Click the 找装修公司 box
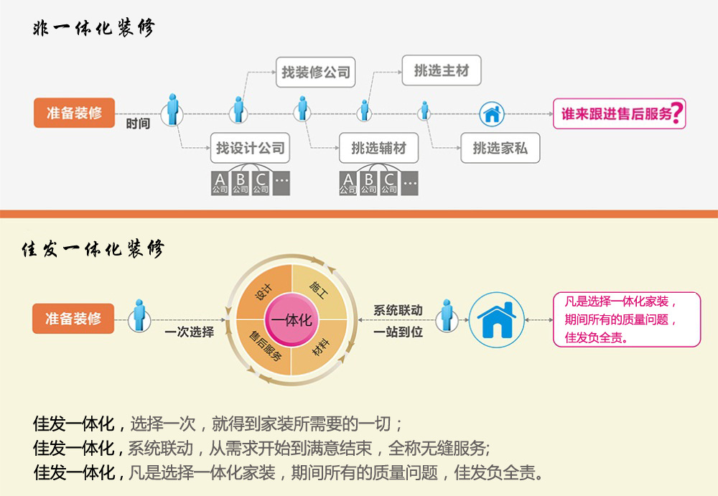[x=315, y=72]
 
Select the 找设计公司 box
[x=250, y=149]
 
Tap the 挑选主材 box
[x=441, y=70]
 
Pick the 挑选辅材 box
[x=378, y=149]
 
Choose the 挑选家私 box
[x=500, y=149]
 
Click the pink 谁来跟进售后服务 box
[x=619, y=113]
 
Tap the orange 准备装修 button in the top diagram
[x=74, y=113]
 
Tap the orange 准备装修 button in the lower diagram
[x=73, y=319]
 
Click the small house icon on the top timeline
[x=492, y=113]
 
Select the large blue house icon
[x=498, y=319]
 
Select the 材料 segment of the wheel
[x=319, y=348]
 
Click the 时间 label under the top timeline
[x=138, y=123]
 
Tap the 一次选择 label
[x=190, y=332]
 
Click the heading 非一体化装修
[x=93, y=29]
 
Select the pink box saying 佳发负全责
[x=626, y=319]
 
